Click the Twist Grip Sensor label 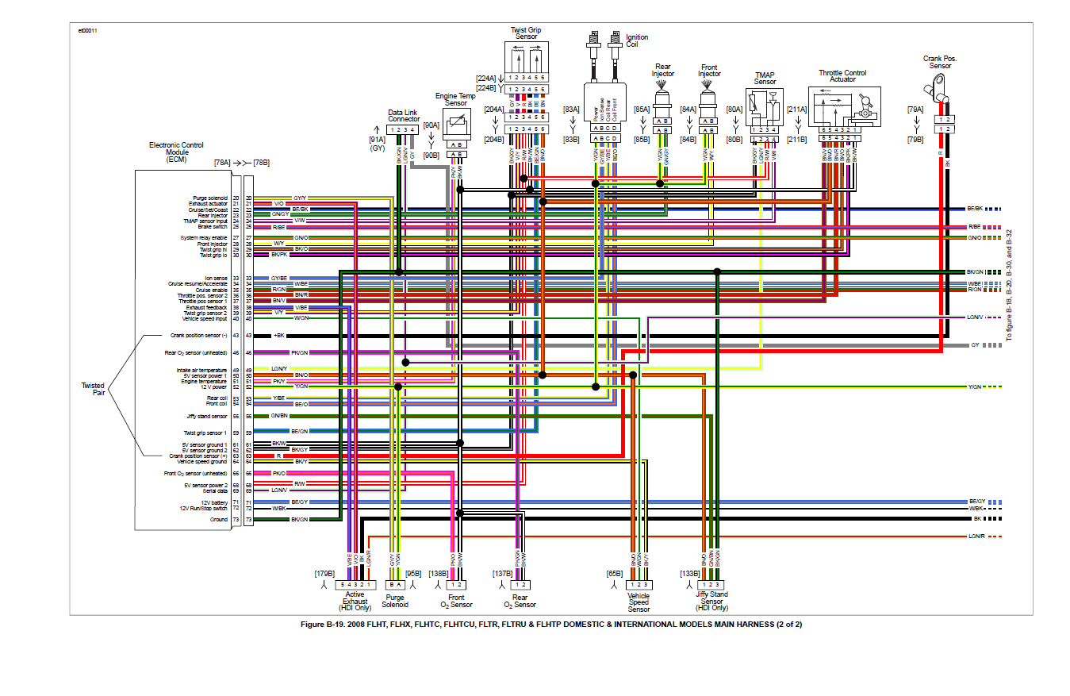click(x=526, y=33)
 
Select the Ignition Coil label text click(x=637, y=40)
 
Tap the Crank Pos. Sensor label click(x=940, y=62)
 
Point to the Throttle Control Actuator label click(x=842, y=76)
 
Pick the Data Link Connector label click(x=404, y=115)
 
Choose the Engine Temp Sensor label click(x=456, y=99)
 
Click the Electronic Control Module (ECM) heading click(x=176, y=152)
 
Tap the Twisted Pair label click(x=93, y=390)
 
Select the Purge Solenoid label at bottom click(x=395, y=601)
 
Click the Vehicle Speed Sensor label click(x=639, y=602)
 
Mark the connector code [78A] click(x=223, y=162)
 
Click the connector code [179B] click(x=324, y=573)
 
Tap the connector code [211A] click(x=796, y=110)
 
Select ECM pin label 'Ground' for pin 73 click(x=218, y=520)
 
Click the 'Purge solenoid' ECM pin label click(x=210, y=198)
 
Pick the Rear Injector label click(x=663, y=70)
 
